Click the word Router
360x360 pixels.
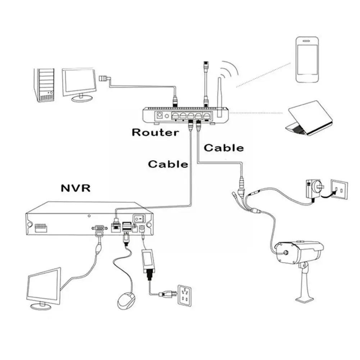pos(155,132)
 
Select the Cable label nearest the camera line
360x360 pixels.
pos(224,147)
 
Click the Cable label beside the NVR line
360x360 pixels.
pos(168,164)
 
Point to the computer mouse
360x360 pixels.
pos(126,300)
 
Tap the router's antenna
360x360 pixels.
pos(219,97)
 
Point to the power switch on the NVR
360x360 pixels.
pos(138,218)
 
